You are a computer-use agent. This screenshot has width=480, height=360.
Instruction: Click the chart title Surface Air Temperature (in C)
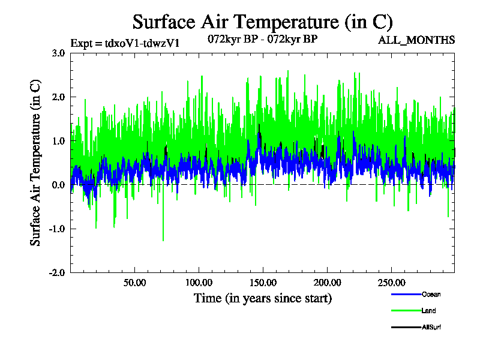(262, 22)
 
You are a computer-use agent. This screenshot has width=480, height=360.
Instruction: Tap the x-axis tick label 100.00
(199, 282)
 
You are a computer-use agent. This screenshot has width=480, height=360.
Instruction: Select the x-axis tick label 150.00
(262, 282)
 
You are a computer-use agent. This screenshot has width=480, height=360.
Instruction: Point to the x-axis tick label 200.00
(326, 282)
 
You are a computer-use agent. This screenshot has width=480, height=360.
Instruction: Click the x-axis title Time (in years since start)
(262, 298)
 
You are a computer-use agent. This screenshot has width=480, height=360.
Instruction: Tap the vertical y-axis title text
(35, 163)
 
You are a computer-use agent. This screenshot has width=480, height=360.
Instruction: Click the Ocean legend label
(430, 294)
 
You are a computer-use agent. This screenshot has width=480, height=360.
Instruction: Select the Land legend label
(428, 311)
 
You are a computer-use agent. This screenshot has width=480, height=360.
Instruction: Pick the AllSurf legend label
(431, 327)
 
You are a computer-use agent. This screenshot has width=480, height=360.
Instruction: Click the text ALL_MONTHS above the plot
(416, 41)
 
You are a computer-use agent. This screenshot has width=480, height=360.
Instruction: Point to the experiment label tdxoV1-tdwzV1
(125, 43)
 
